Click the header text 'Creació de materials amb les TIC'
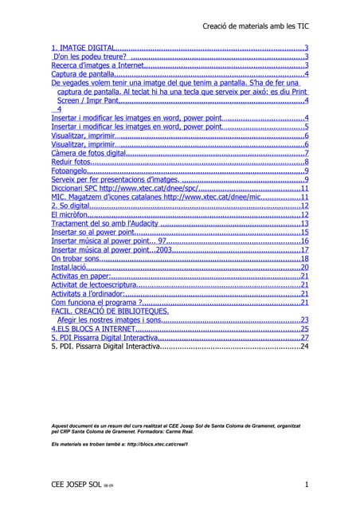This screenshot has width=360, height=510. click(256, 26)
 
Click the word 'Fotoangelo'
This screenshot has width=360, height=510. click(68, 171)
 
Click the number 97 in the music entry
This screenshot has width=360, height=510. click(162, 241)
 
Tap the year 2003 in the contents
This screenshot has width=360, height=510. click(164, 249)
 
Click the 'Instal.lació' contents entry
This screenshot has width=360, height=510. click(68, 267)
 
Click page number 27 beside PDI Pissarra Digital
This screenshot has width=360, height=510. click(303, 338)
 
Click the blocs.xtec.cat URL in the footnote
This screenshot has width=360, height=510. click(155, 444)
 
